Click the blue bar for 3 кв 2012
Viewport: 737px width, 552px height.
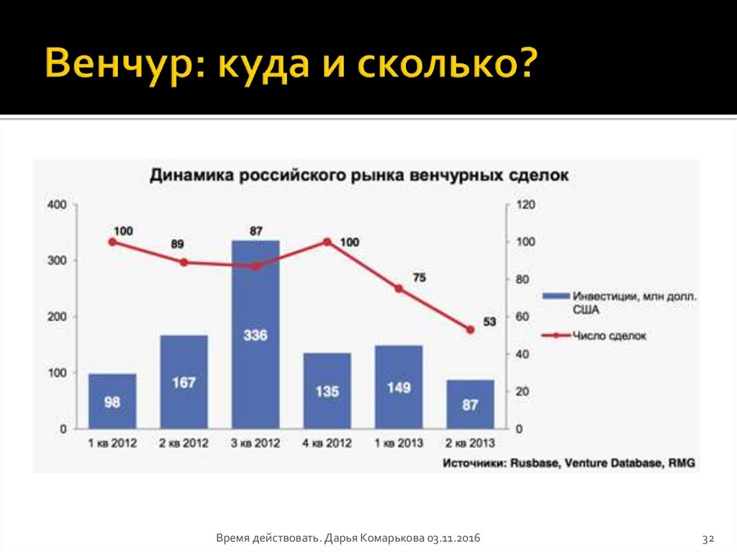tap(256, 335)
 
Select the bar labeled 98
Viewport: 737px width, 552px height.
tap(112, 401)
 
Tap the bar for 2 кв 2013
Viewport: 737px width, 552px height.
tap(470, 404)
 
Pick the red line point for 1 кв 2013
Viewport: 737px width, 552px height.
tap(399, 289)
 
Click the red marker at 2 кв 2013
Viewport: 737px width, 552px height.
tap(470, 330)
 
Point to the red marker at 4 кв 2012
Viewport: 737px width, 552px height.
tap(327, 242)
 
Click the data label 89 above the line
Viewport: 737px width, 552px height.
tap(177, 244)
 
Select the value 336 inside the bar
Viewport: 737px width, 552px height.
tap(256, 335)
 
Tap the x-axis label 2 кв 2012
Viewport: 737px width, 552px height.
tap(184, 443)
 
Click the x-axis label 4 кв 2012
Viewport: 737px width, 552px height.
tap(327, 443)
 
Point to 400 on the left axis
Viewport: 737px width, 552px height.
tap(57, 205)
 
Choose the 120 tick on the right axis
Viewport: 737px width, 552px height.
tap(526, 204)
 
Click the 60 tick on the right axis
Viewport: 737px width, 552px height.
tap(523, 317)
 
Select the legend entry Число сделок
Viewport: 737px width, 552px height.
tap(609, 335)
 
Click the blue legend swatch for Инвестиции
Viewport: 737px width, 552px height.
tap(556, 297)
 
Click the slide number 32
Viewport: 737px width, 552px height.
tap(708, 538)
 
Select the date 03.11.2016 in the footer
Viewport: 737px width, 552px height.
tap(453, 538)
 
